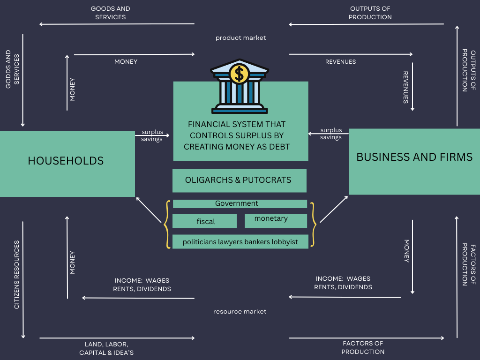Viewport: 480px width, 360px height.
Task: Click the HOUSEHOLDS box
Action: click(x=67, y=163)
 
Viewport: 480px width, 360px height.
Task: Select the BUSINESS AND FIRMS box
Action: click(x=414, y=161)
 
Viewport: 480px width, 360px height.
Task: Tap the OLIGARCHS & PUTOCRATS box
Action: click(x=239, y=180)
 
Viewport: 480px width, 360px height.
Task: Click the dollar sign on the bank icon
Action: click(x=240, y=74)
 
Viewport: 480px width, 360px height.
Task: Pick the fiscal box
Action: click(x=205, y=221)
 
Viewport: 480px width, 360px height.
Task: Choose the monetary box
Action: click(x=276, y=220)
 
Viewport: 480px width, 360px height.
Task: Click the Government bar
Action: click(x=240, y=204)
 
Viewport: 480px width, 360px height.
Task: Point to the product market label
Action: click(x=240, y=37)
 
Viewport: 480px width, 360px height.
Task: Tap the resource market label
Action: click(x=240, y=311)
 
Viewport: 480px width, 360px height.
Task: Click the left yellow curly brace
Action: click(x=166, y=225)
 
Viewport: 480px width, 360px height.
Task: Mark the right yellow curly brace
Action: click(x=313, y=225)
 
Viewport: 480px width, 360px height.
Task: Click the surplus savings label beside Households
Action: click(x=152, y=135)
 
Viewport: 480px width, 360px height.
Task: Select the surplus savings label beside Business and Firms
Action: click(x=331, y=134)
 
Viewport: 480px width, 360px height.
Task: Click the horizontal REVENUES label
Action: click(x=340, y=62)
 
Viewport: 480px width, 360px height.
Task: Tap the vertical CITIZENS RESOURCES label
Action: click(x=17, y=275)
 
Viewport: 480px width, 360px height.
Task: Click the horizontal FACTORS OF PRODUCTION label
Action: click(x=363, y=348)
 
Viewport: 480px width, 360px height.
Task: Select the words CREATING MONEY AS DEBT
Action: click(x=237, y=147)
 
